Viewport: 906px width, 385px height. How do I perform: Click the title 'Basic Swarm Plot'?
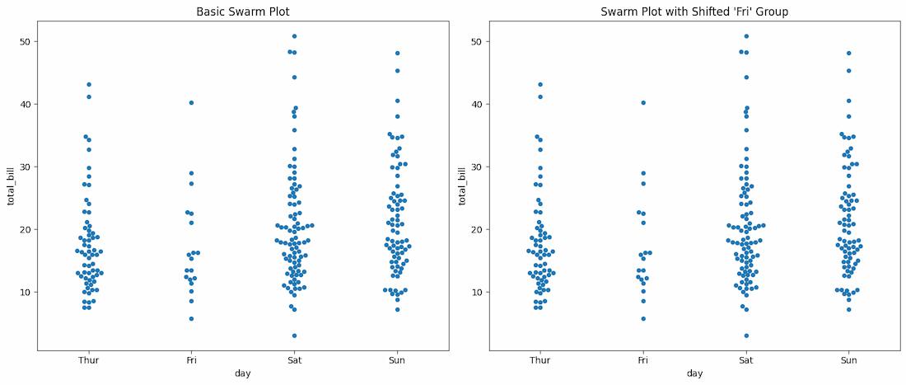(x=243, y=12)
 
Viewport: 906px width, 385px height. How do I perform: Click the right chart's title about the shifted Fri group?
(x=694, y=12)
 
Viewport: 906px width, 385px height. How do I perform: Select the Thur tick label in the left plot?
(x=88, y=360)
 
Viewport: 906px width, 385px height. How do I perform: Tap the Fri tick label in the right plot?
(x=643, y=360)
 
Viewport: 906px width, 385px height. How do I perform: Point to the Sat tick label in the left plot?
(x=294, y=360)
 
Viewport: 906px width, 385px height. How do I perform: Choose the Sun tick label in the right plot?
(x=848, y=360)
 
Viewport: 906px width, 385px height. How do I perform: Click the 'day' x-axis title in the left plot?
(x=243, y=373)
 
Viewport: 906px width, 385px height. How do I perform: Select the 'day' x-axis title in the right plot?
(x=694, y=373)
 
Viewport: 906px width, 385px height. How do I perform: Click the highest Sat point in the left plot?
(x=294, y=36)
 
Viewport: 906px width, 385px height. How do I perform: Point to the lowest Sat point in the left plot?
(x=294, y=336)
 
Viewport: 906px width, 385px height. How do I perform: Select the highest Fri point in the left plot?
(x=191, y=103)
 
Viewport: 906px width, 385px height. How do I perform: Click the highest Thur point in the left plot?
(x=88, y=84)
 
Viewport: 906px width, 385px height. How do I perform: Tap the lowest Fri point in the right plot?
(x=643, y=318)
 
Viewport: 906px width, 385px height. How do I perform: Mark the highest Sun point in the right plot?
(x=848, y=53)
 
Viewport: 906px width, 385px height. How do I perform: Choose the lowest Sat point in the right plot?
(x=746, y=336)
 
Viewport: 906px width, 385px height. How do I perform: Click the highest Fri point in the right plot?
(x=643, y=103)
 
